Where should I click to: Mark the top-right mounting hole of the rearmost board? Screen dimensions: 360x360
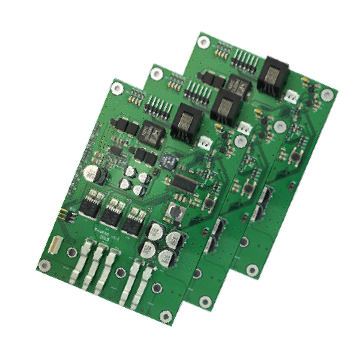pos(326,95)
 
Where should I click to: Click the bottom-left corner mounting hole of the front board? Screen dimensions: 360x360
pos(43,265)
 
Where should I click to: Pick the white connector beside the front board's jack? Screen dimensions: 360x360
pos(205,142)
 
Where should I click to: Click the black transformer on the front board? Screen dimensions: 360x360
pos(152,133)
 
